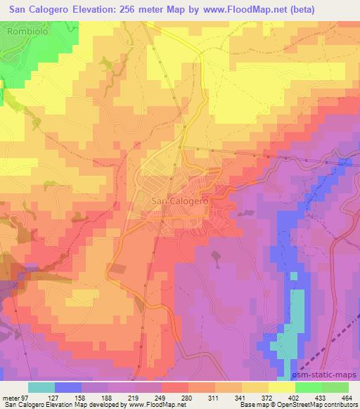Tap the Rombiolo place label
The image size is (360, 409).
tap(26, 32)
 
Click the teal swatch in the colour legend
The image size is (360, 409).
tap(42, 387)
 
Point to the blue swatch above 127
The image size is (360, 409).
tap(68, 387)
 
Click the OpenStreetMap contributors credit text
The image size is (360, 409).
tap(321, 405)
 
